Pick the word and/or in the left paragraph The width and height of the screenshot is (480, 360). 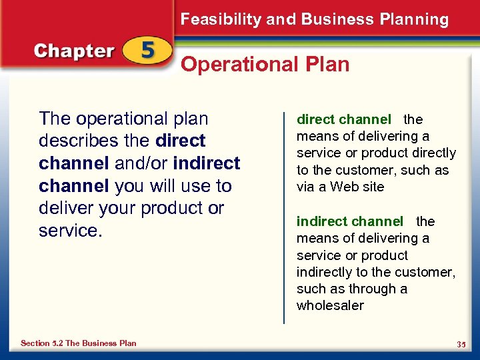coord(143,163)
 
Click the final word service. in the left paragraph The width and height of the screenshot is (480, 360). coord(67,231)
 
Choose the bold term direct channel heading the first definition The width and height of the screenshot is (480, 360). coord(343,120)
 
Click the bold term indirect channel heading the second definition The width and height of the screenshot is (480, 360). coord(349,221)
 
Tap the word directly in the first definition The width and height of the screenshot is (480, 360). coord(432,153)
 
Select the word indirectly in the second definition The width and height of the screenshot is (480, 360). coord(325,272)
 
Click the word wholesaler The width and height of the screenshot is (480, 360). coord(330,306)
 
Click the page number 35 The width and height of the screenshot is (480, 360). coord(461,344)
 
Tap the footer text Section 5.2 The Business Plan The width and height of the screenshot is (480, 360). coord(78,343)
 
